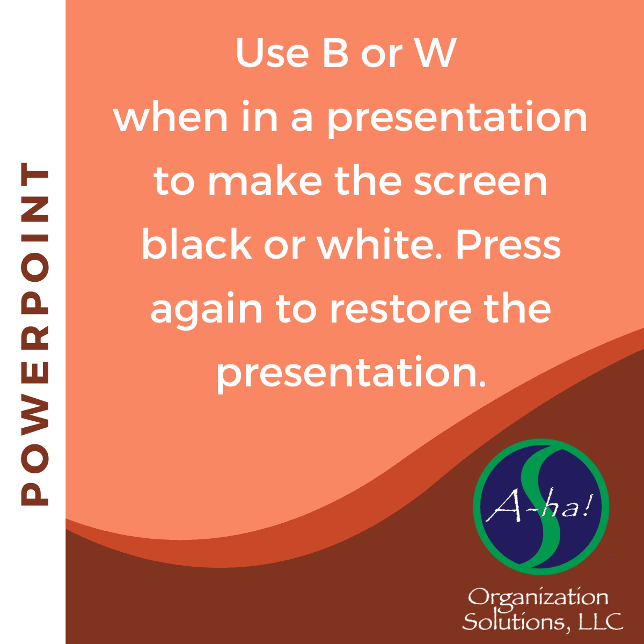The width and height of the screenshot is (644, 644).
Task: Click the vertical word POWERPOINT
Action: point(35,334)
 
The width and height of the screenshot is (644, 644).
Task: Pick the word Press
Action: point(508,244)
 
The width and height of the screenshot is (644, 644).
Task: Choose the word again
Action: point(206,311)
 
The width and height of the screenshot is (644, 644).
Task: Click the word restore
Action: point(401,309)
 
